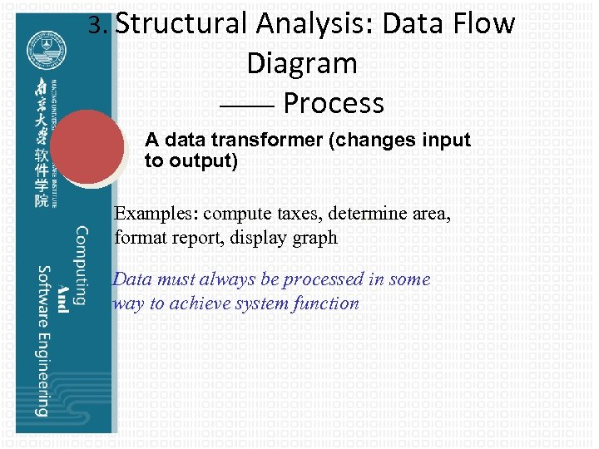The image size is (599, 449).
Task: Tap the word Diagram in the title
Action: [301, 63]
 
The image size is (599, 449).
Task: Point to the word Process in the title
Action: [333, 103]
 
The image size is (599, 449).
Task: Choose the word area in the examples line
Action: [430, 214]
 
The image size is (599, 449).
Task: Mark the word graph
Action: [313, 238]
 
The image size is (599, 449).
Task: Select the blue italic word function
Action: [325, 303]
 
